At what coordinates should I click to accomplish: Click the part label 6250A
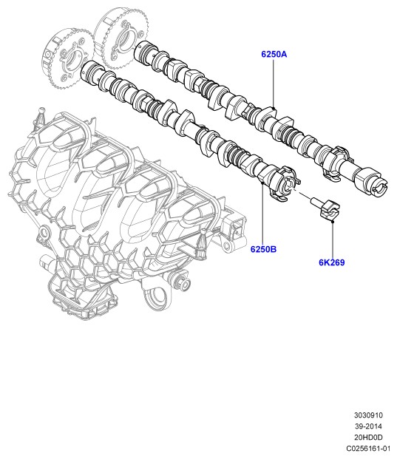tap(274, 54)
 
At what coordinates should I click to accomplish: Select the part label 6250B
tap(263, 249)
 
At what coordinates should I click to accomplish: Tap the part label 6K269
tap(332, 262)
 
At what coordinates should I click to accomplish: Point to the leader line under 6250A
tap(274, 84)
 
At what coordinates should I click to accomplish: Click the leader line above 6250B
tap(262, 214)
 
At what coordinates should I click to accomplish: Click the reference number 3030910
tap(368, 415)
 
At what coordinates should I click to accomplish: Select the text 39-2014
tap(368, 426)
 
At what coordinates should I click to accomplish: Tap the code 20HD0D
tap(368, 438)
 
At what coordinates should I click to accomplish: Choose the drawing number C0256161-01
tap(368, 449)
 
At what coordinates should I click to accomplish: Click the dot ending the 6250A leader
tap(274, 109)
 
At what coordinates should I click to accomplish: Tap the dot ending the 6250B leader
tap(262, 183)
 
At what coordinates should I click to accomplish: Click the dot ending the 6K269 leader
tap(333, 222)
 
